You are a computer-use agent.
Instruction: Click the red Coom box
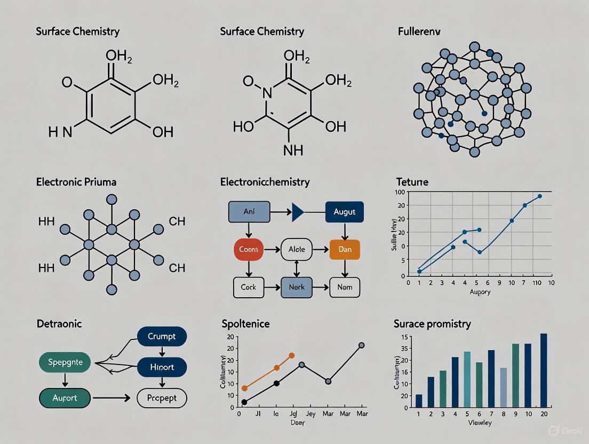(249, 250)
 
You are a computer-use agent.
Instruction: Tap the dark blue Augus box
(344, 212)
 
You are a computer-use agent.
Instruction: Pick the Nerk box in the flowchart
(296, 287)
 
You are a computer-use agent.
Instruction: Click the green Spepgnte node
(66, 362)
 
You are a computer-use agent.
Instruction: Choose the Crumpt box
(162, 337)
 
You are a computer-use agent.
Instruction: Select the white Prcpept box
(162, 398)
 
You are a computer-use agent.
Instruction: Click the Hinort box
(162, 367)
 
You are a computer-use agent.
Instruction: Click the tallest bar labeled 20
(543, 371)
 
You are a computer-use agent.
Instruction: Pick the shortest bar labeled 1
(419, 401)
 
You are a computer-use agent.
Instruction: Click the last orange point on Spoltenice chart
(291, 355)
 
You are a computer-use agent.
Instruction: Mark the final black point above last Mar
(361, 345)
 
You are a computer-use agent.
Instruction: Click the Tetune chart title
(412, 182)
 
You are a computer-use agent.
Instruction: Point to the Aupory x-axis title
(480, 292)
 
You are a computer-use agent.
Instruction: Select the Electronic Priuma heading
(76, 182)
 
